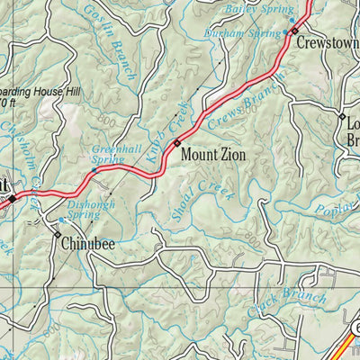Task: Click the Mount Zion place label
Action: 213,154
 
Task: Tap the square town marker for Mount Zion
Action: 178,141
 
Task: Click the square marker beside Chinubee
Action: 58,236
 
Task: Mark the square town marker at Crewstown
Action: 294,31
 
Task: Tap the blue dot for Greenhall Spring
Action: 95,169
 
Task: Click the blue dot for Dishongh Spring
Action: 61,220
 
